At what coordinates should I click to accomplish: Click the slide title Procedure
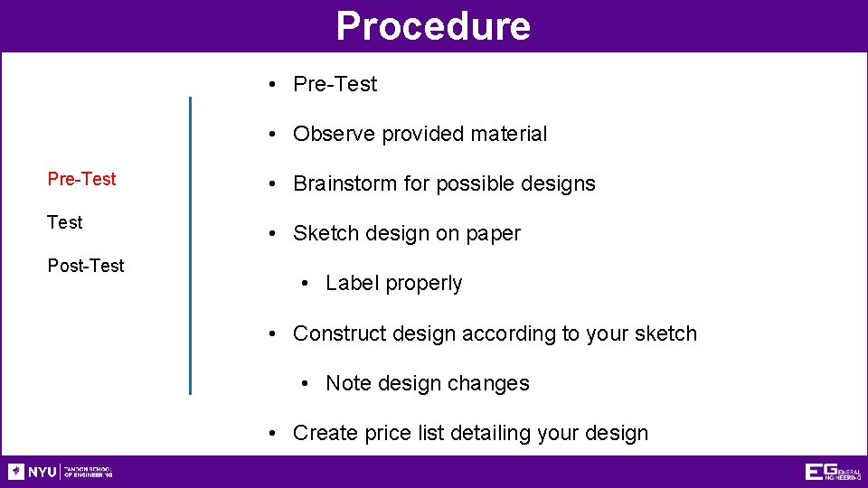(x=433, y=26)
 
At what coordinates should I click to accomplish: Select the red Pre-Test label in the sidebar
(x=81, y=179)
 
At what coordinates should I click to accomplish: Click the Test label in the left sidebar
(x=64, y=222)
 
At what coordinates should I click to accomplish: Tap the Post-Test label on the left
(x=86, y=266)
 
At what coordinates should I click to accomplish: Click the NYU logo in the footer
(x=60, y=472)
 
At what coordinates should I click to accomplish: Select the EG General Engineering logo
(x=833, y=472)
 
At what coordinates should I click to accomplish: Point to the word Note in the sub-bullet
(x=348, y=383)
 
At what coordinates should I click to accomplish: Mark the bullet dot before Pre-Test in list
(x=272, y=84)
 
